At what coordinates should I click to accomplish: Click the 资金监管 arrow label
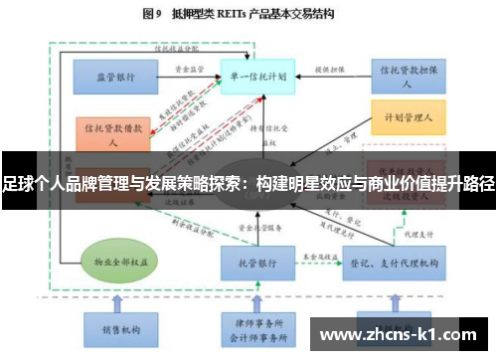pos(190,69)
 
